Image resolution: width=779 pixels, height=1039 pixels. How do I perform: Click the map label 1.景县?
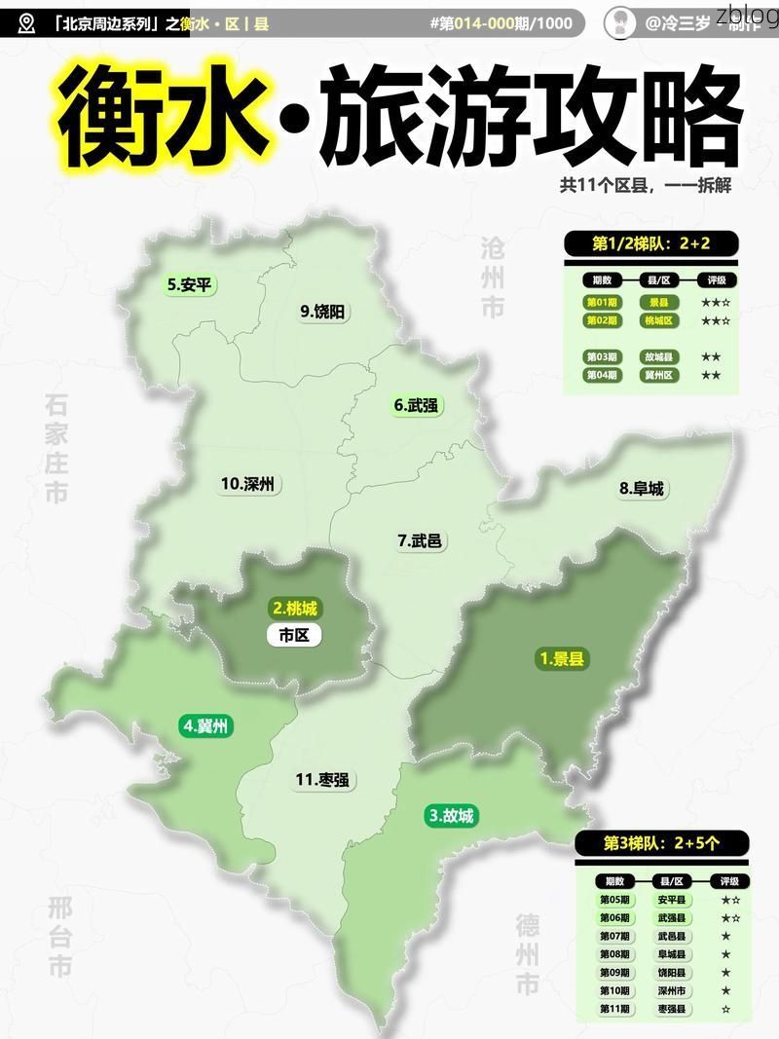[564, 659]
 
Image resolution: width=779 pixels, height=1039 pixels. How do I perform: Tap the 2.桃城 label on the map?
[294, 609]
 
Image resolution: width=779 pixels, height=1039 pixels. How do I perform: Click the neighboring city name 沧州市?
[493, 277]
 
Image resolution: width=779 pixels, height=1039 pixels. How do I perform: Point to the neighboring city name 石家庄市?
[56, 448]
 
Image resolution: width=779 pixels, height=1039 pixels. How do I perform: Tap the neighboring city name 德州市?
[528, 953]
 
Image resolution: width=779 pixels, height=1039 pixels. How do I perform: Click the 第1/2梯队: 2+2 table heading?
[650, 243]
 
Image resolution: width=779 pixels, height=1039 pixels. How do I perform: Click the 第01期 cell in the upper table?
[601, 303]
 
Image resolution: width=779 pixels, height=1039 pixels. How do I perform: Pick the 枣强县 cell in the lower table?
[671, 1009]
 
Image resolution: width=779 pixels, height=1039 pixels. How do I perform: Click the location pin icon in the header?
[26, 22]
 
